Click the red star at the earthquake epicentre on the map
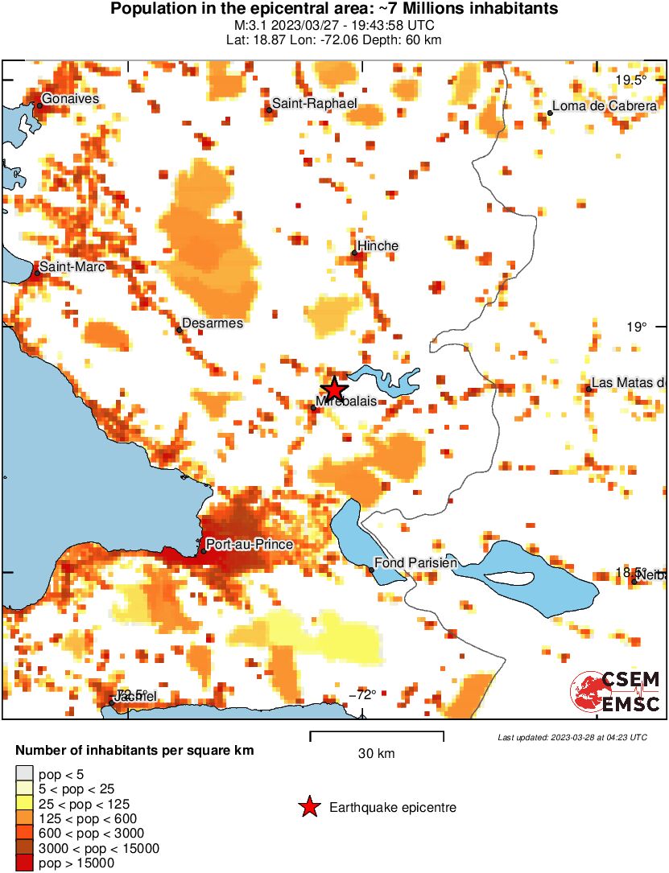click(333, 389)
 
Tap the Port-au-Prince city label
click(249, 545)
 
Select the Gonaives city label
click(70, 98)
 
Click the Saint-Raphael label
click(314, 104)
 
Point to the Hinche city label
click(378, 245)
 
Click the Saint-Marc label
click(72, 266)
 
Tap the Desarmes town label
click(213, 323)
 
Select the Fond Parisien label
click(416, 563)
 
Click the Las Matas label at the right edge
click(628, 383)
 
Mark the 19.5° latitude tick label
click(631, 80)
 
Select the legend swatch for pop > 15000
click(25, 863)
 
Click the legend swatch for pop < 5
click(25, 776)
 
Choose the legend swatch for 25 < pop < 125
click(25, 805)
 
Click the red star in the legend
click(309, 807)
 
